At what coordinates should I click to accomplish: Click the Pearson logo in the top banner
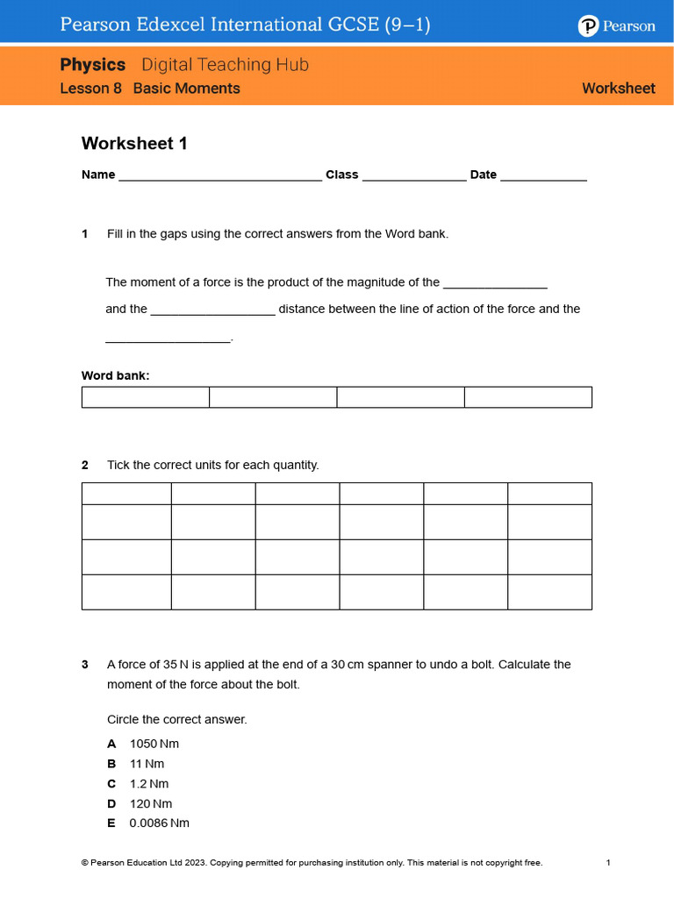[616, 26]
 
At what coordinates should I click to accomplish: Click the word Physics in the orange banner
[93, 65]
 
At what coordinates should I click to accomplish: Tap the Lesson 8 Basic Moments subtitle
[150, 89]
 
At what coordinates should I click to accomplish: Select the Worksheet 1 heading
[134, 143]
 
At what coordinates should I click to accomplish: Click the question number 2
[85, 465]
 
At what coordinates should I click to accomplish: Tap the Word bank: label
[116, 375]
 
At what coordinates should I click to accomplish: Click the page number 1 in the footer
[608, 863]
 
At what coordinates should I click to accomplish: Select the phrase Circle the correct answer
[177, 719]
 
